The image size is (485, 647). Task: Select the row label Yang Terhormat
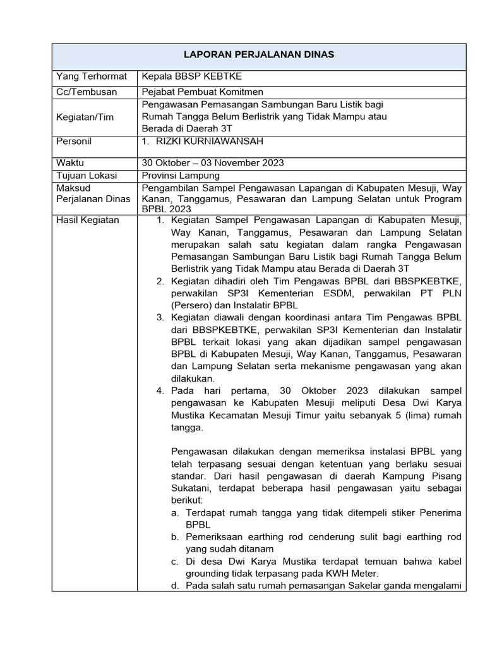pyautogui.click(x=92, y=76)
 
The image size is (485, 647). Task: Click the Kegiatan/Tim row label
pyautogui.click(x=85, y=117)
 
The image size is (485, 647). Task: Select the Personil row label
pyautogui.click(x=74, y=142)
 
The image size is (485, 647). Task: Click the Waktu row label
pyautogui.click(x=70, y=162)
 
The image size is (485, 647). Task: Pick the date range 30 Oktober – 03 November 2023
pyautogui.click(x=213, y=162)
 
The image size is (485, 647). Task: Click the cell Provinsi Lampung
pyautogui.click(x=181, y=175)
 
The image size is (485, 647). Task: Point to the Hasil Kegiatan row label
pyautogui.click(x=88, y=220)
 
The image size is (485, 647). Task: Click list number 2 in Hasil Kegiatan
pyautogui.click(x=161, y=281)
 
